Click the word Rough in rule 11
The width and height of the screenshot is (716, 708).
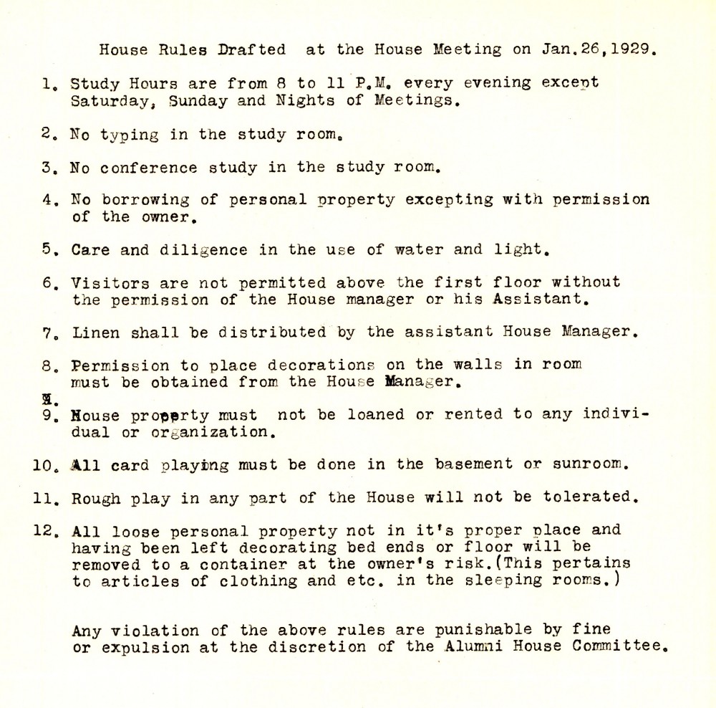click(x=95, y=497)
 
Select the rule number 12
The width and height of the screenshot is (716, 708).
click(x=45, y=531)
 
